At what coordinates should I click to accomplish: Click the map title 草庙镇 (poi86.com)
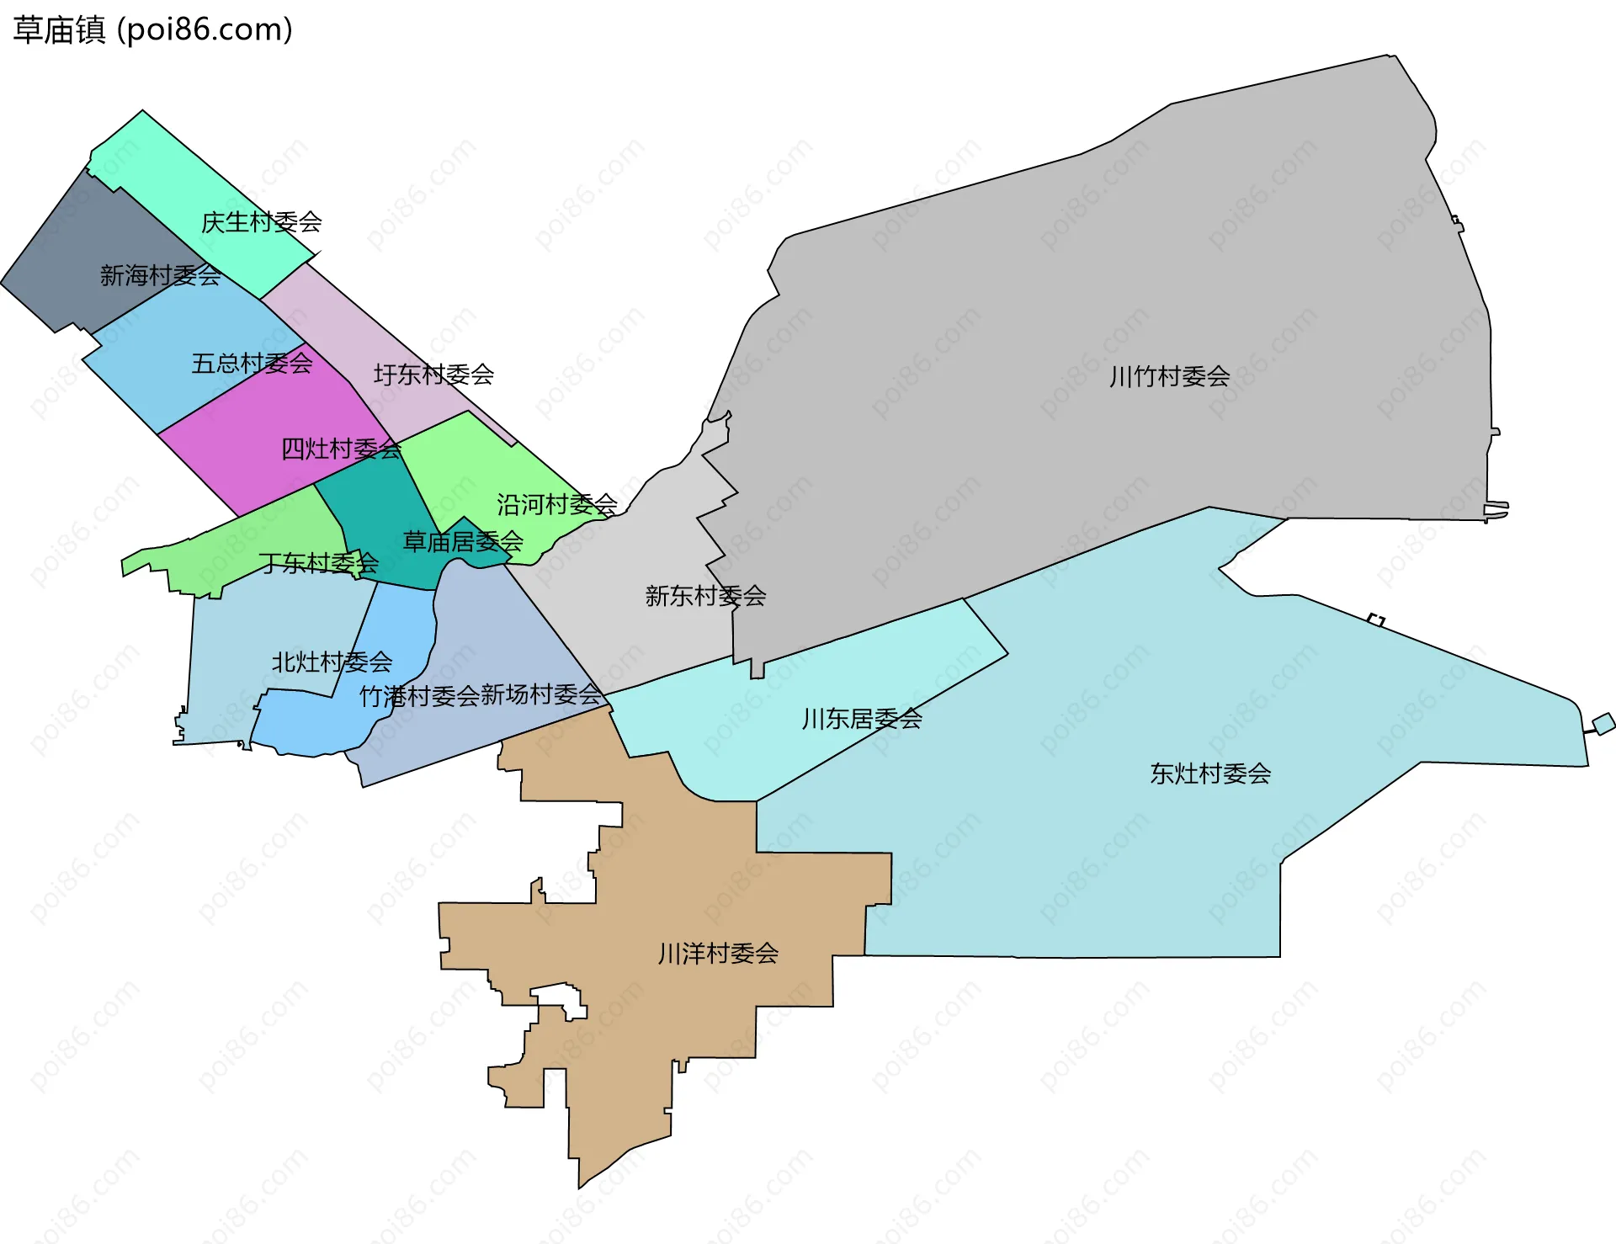[x=152, y=29]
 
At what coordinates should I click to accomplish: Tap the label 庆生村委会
[x=261, y=222]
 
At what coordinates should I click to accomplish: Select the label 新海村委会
[x=160, y=275]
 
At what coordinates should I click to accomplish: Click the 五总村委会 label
[x=252, y=364]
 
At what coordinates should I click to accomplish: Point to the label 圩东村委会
[x=433, y=375]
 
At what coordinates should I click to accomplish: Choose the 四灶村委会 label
[x=341, y=449]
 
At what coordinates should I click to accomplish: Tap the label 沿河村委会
[x=556, y=504]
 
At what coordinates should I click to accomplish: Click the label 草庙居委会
[x=463, y=541]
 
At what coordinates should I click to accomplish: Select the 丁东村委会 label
[x=318, y=562]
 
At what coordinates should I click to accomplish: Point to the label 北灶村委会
[x=332, y=662]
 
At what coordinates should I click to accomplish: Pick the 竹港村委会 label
[x=419, y=697]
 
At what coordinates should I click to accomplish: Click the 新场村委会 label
[x=540, y=695]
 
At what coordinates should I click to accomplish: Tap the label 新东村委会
[x=705, y=596]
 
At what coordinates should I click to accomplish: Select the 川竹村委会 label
[x=1169, y=376]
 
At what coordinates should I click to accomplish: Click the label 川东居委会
[x=862, y=719]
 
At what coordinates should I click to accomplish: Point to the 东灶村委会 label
[x=1210, y=774]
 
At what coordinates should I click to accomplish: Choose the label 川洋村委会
[x=718, y=954]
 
